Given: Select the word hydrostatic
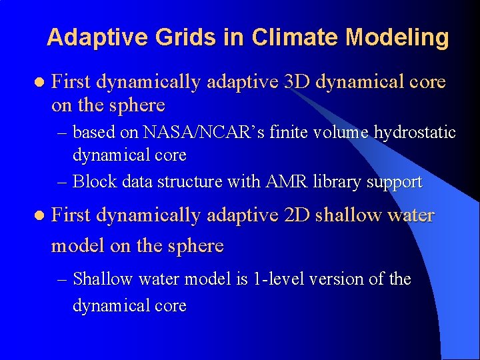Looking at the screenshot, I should click(413, 133).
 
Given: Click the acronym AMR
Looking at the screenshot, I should click(287, 181).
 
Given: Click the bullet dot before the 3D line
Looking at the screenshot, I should click(38, 83).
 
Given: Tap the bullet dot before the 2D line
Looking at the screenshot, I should click(38, 216).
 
